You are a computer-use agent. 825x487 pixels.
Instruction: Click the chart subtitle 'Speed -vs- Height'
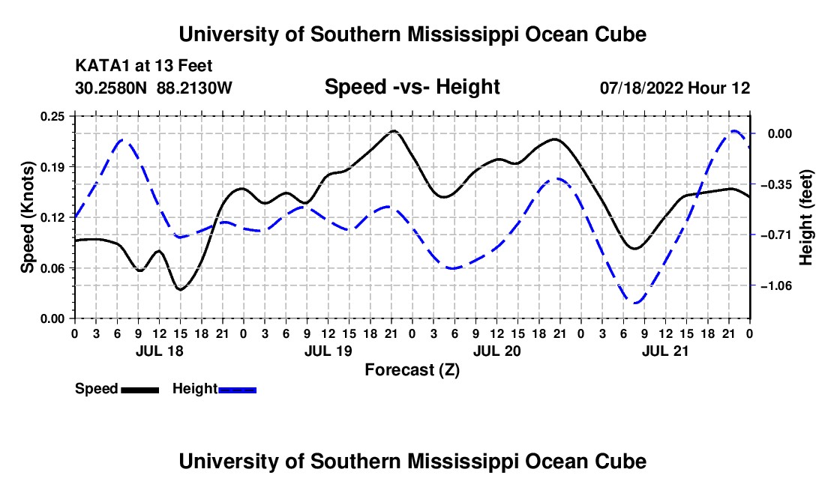click(x=412, y=87)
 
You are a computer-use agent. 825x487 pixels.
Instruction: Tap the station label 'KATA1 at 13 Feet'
click(x=144, y=66)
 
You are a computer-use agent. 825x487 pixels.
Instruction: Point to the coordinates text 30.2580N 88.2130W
click(x=154, y=88)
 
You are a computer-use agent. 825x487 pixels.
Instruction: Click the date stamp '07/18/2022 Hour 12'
click(x=675, y=88)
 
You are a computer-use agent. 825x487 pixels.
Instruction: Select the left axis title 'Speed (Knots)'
click(x=27, y=217)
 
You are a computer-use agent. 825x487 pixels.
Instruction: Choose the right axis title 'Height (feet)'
click(x=805, y=217)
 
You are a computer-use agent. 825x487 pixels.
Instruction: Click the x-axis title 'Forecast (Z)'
click(x=412, y=370)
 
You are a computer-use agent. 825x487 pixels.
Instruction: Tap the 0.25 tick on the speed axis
click(x=52, y=116)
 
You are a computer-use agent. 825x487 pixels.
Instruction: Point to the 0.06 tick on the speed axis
click(x=52, y=268)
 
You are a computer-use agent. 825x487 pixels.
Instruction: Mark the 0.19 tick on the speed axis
click(x=52, y=167)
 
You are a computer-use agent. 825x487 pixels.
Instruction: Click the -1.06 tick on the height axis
click(x=775, y=285)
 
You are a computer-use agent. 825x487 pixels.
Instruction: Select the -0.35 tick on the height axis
click(x=775, y=184)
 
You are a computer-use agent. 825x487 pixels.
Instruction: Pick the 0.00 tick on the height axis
click(x=780, y=134)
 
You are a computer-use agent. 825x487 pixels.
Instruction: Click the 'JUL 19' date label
click(x=328, y=351)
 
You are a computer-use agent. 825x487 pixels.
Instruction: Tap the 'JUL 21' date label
click(x=665, y=351)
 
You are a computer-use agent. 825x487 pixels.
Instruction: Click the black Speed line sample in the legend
click(x=140, y=390)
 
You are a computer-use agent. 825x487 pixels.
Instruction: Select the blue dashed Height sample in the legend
click(x=237, y=390)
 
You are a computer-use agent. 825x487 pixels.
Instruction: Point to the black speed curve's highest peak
click(x=394, y=131)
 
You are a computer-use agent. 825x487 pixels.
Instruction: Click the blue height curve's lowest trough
click(x=636, y=303)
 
